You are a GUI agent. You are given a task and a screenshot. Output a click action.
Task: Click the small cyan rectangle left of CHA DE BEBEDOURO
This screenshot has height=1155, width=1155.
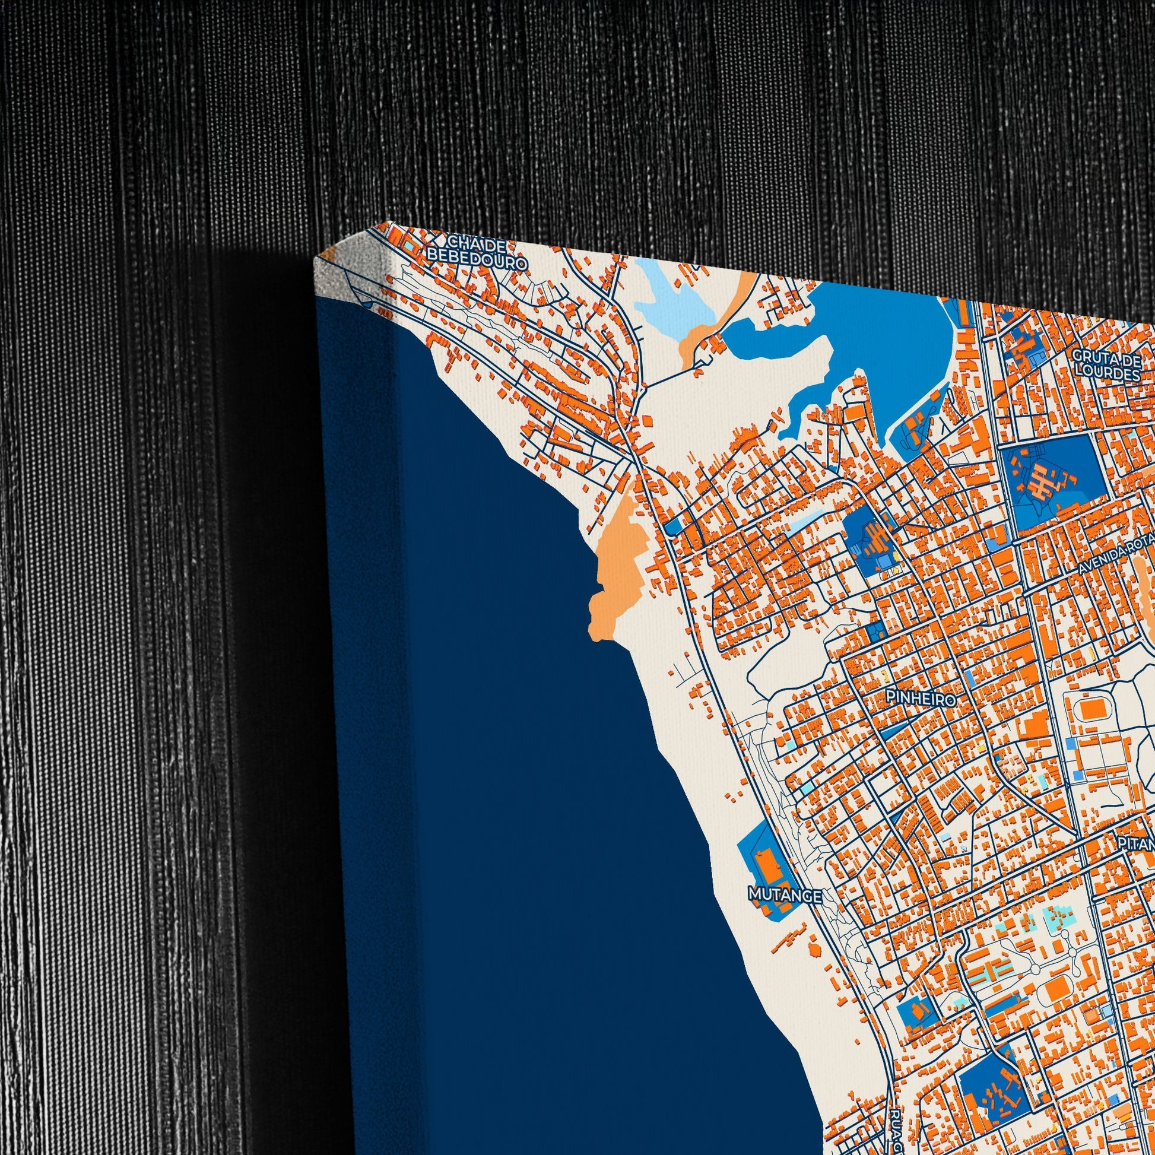(x=408, y=245)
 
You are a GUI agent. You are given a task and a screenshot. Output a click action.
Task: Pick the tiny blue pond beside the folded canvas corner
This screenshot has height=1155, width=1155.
(x=365, y=303)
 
